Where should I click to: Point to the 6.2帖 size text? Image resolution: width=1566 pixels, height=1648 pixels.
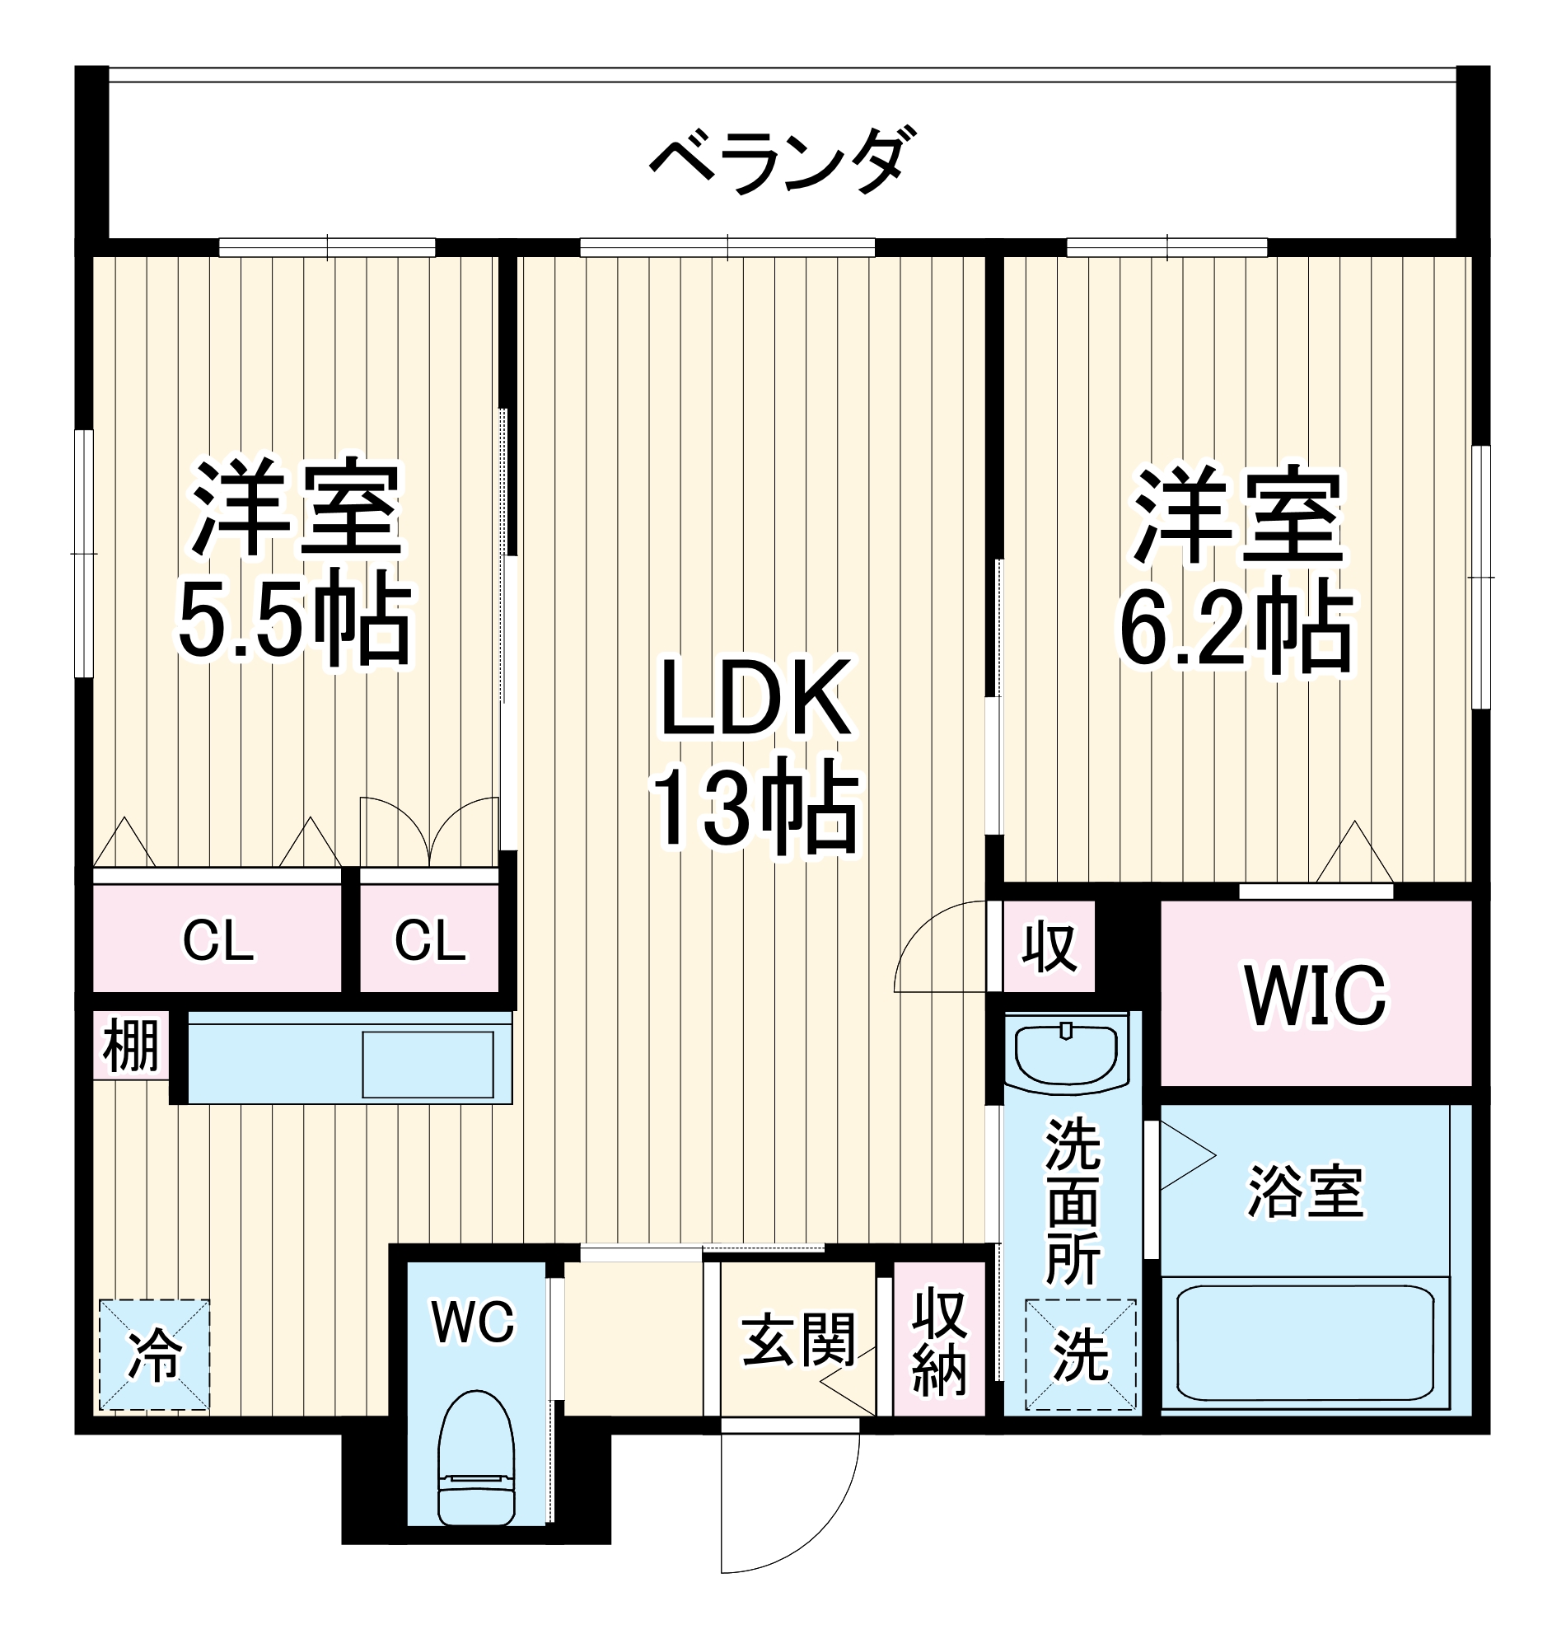pyautogui.click(x=1236, y=628)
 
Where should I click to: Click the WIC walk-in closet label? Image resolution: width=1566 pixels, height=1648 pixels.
pyautogui.click(x=1316, y=995)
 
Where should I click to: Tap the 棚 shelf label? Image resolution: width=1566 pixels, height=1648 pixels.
pyautogui.click(x=131, y=1047)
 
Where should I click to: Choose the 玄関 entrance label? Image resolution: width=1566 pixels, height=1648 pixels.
pyautogui.click(x=799, y=1341)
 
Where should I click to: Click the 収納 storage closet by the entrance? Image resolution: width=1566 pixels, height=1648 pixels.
pyautogui.click(x=939, y=1342)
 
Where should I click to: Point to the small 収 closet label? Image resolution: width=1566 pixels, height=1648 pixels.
pyautogui.click(x=1049, y=948)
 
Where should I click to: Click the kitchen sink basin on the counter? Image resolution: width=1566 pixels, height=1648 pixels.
pyautogui.click(x=427, y=1064)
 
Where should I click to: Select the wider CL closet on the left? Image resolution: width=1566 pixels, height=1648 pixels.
pyautogui.click(x=217, y=942)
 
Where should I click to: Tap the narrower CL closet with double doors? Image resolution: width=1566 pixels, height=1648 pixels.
pyautogui.click(x=430, y=942)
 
